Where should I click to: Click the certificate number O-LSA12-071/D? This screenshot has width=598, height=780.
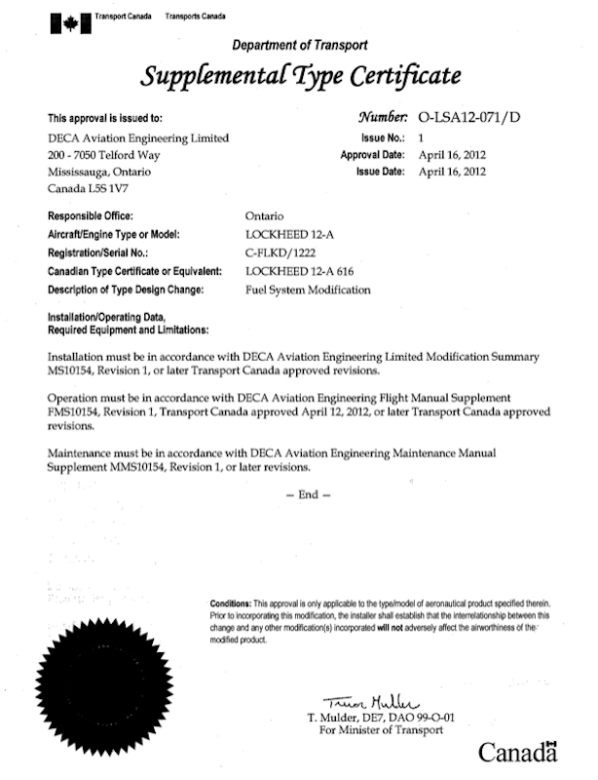point(468,116)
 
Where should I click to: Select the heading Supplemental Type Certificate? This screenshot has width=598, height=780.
point(300,76)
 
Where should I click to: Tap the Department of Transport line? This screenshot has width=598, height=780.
point(300,45)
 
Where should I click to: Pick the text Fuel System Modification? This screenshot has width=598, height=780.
point(309,291)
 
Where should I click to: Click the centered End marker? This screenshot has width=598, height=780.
point(308,494)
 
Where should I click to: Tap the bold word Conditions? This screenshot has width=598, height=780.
point(232,604)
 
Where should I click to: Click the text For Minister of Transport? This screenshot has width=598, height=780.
point(375,730)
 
